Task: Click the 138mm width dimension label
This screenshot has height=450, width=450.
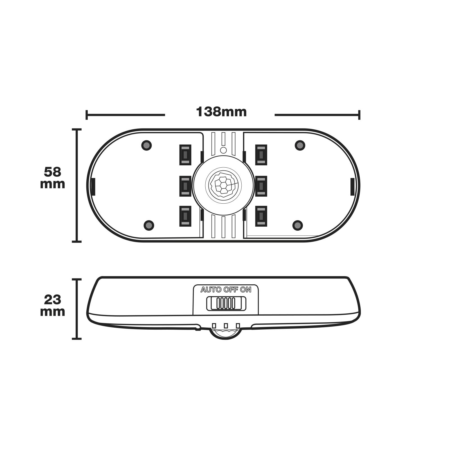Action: (x=221, y=112)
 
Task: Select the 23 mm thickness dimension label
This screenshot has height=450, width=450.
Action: (x=53, y=306)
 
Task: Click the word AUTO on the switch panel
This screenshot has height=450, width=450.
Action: (x=211, y=290)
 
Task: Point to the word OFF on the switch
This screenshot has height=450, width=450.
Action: (x=231, y=290)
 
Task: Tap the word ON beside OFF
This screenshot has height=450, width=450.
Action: (x=246, y=290)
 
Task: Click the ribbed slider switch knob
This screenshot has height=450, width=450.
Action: (x=226, y=303)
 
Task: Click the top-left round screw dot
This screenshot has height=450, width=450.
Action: (x=147, y=145)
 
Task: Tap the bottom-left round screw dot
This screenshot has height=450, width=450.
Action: (x=149, y=225)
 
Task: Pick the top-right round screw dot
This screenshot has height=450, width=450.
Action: (x=300, y=145)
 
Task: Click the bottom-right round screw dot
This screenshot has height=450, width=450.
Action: (x=298, y=225)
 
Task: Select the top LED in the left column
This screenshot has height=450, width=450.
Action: (x=185, y=155)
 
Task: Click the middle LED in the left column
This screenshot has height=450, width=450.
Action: (x=185, y=186)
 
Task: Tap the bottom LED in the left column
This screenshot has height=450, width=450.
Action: (x=185, y=216)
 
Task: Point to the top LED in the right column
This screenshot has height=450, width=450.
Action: (x=261, y=155)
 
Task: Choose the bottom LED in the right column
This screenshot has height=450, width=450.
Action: (x=261, y=216)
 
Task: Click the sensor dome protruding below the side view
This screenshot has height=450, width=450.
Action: (x=225, y=334)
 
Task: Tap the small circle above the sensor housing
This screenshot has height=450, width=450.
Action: (x=223, y=150)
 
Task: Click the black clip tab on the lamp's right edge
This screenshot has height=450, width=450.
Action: (x=352, y=186)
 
